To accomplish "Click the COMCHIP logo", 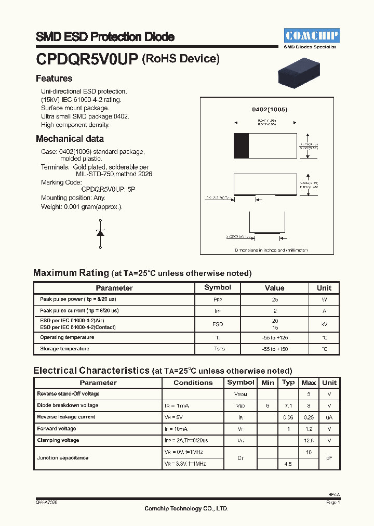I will (311, 36).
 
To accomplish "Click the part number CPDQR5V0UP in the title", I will (87, 59).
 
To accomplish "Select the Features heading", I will (54, 78).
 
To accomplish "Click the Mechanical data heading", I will (70, 139).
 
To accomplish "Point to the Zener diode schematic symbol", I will (100, 232).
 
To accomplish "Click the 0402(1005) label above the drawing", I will (270, 110).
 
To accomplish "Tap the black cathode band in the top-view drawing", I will (241, 145).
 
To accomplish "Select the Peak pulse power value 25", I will (274, 300).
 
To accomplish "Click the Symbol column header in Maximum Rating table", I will (218, 287).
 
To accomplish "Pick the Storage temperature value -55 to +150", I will (274, 349).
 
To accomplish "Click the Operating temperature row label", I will (67, 337).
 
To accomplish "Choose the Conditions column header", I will (193, 383).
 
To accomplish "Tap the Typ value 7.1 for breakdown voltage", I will (288, 405).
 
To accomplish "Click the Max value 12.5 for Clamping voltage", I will (309, 441).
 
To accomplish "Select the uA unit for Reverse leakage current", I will (329, 417).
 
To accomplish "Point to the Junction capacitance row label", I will (63, 458).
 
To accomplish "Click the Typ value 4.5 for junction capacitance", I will (288, 464).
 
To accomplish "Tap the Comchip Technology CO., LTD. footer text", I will (186, 508).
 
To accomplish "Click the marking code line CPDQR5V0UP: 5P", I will (108, 190).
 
